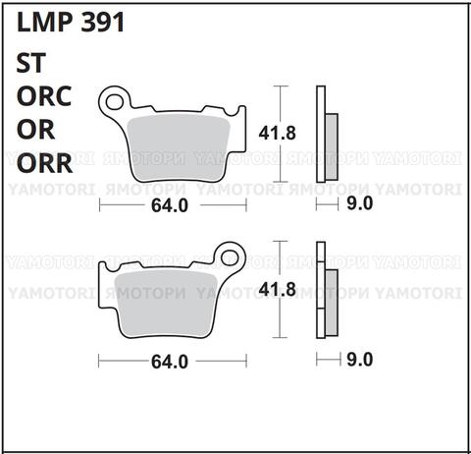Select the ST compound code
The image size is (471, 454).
click(x=31, y=65)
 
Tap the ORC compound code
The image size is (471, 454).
click(x=49, y=97)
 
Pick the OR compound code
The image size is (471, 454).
click(x=36, y=130)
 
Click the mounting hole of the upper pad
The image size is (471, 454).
click(x=117, y=99)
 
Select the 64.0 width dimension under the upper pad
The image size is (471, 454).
click(x=169, y=205)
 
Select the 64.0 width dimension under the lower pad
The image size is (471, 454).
click(x=169, y=361)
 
